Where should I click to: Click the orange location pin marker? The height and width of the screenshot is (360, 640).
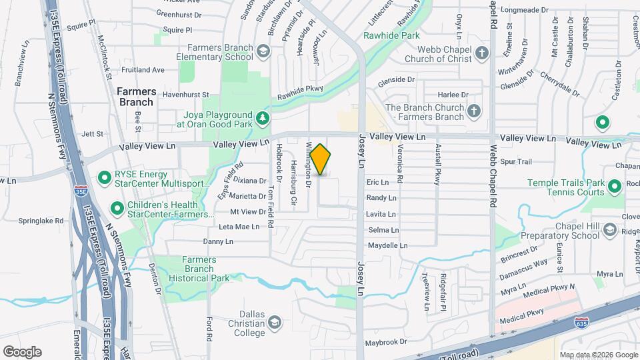(x=320, y=159)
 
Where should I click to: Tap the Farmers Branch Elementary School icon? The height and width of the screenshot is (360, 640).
(x=263, y=51)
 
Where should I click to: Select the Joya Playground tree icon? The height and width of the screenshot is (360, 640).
(x=263, y=119)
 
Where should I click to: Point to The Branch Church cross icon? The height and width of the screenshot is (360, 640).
(x=473, y=111)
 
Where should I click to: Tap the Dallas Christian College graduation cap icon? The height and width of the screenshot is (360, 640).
(x=273, y=323)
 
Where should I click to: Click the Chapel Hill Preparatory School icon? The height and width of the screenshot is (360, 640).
(x=609, y=230)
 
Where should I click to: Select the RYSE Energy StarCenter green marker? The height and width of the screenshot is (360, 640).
(x=104, y=178)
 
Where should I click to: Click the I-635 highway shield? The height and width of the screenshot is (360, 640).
(x=581, y=322)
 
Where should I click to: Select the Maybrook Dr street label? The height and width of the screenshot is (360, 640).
(x=385, y=342)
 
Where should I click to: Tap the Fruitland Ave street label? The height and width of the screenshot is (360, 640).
(x=143, y=69)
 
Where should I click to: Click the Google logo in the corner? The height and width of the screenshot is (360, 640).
(x=22, y=351)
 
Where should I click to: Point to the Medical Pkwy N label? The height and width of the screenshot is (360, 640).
(x=549, y=287)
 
